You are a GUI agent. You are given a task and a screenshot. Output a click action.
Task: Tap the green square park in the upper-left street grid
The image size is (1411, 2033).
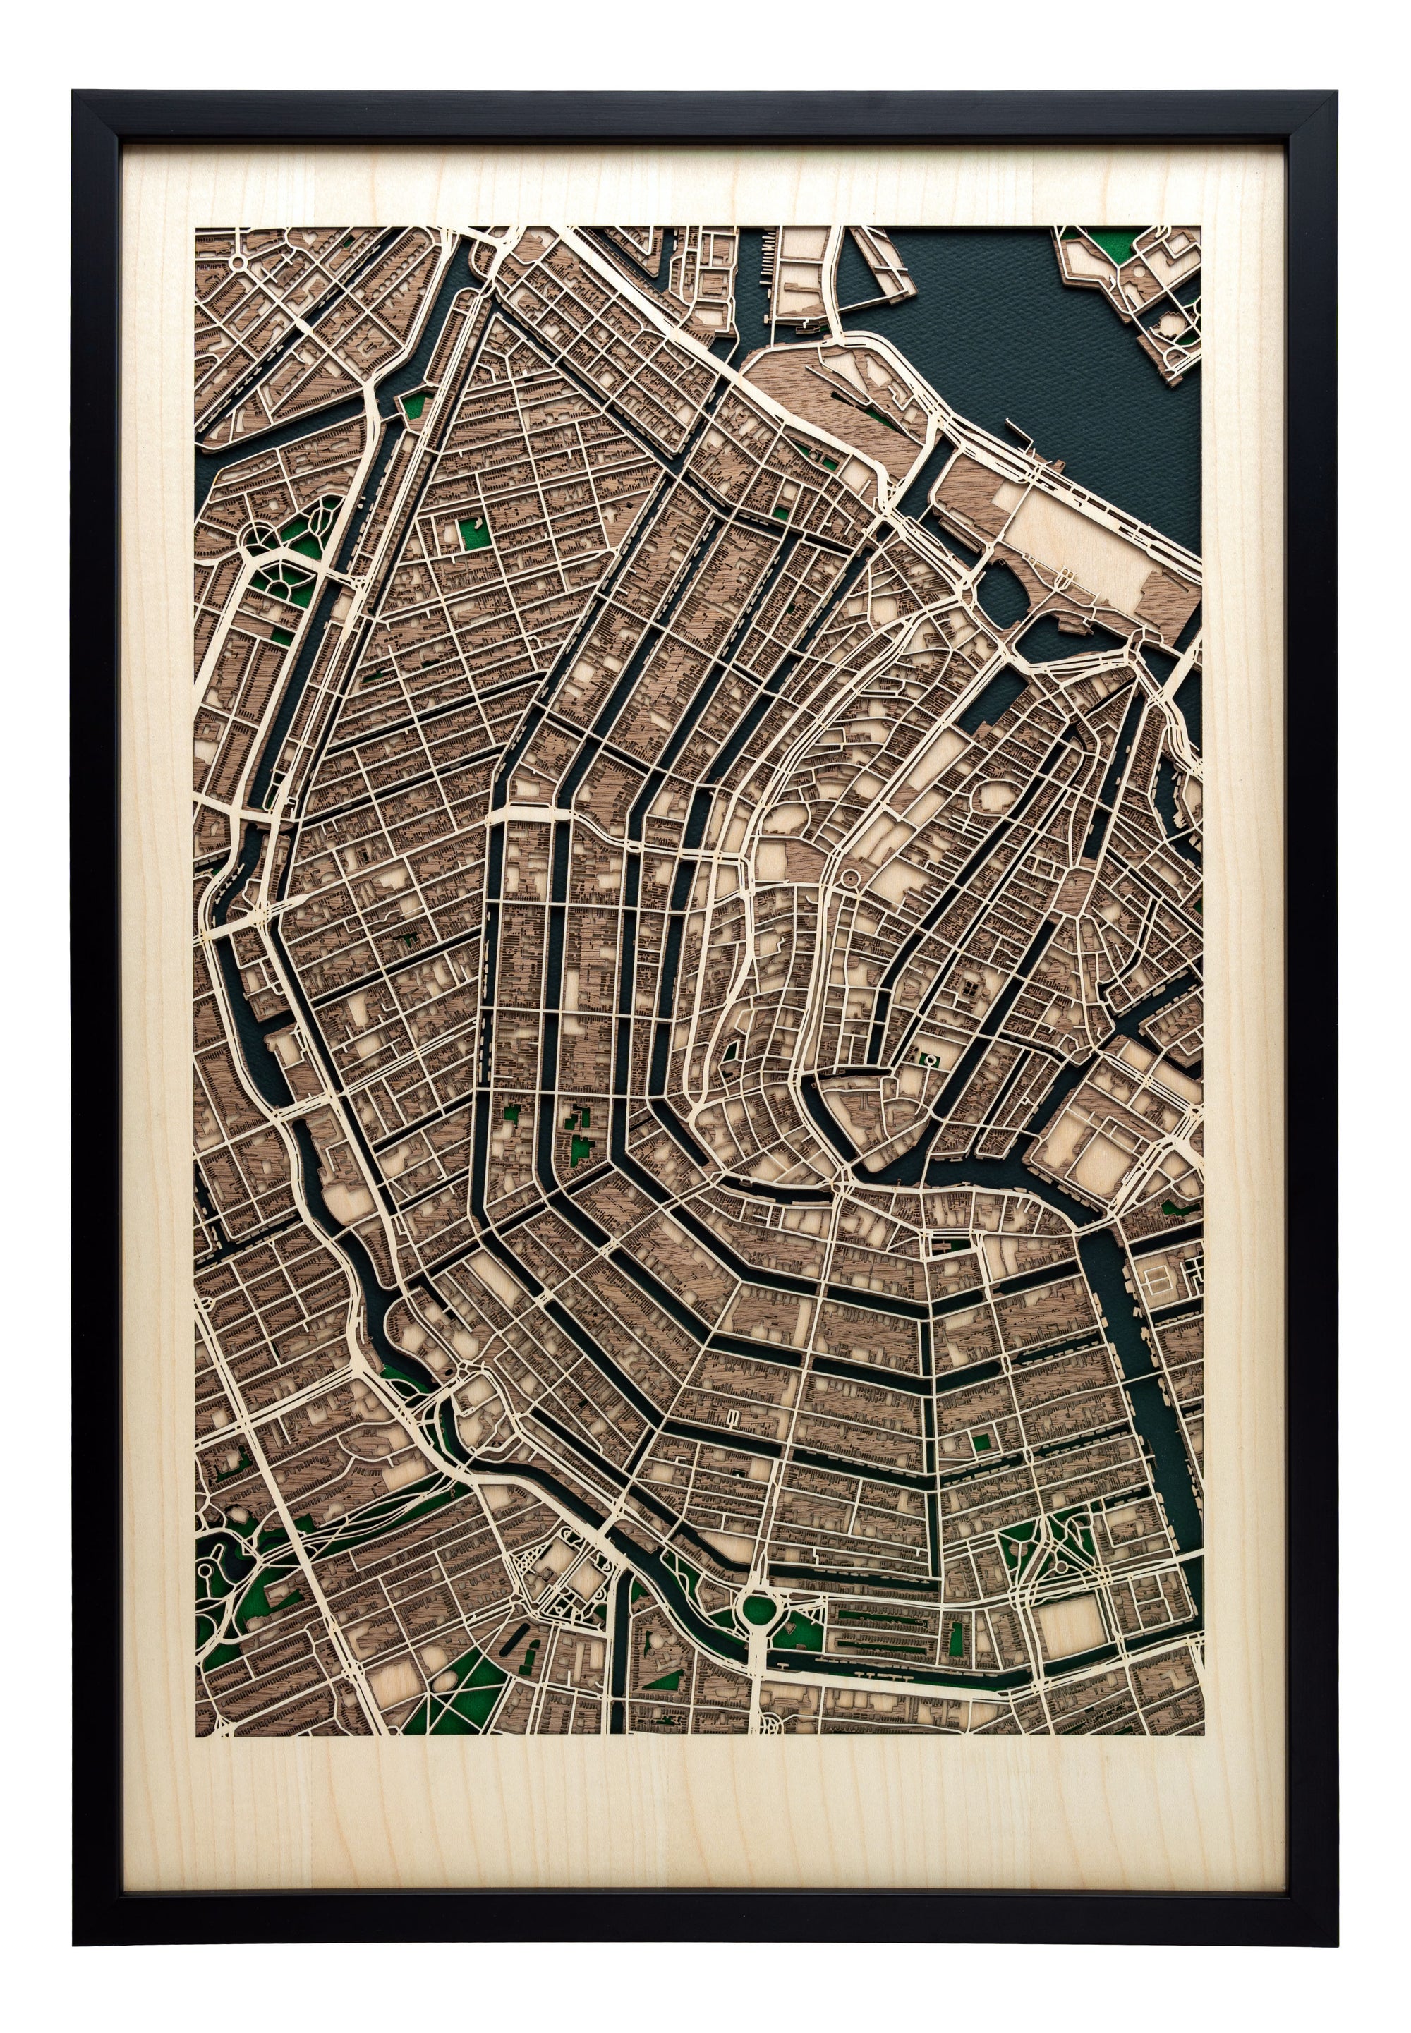coord(467,534)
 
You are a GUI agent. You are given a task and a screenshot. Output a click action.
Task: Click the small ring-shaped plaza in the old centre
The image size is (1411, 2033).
coord(849,877)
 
